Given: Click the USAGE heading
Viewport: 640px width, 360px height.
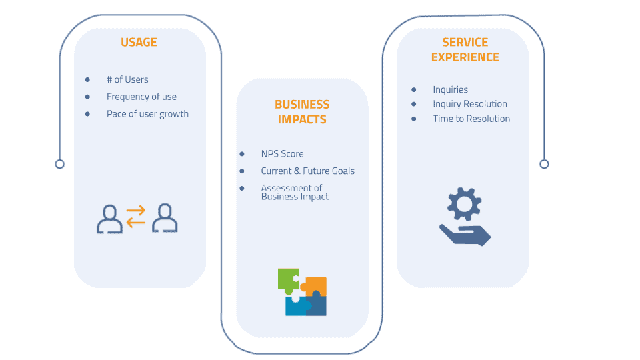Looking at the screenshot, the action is point(139,42).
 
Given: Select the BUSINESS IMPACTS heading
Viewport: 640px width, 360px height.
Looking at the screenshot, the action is point(302,112).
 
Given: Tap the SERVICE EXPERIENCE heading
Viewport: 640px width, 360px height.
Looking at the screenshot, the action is point(465,49).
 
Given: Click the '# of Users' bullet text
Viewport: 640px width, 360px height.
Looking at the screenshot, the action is point(127,79).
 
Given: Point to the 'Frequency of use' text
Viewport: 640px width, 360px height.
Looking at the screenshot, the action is point(141,97).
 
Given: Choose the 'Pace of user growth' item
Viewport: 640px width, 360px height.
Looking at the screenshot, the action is point(147,114).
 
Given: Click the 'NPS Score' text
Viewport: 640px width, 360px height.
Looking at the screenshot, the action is point(283,154).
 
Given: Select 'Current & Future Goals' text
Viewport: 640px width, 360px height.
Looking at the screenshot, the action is point(308,171).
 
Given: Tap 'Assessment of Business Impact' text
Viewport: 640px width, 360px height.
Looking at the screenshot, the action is point(295,192).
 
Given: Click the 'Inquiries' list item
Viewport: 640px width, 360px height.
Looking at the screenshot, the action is point(450,89).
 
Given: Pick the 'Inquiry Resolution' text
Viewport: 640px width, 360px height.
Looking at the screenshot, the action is point(470,104).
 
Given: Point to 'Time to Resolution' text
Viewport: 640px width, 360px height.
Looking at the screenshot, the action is point(471,119).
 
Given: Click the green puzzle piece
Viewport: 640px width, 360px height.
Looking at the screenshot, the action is point(288,281).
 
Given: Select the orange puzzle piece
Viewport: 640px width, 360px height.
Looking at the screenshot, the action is point(315,285).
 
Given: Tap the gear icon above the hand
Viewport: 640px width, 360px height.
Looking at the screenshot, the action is point(465,204).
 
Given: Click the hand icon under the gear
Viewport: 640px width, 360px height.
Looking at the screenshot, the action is point(465,235).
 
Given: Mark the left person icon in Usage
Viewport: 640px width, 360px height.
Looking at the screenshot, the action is point(109,219).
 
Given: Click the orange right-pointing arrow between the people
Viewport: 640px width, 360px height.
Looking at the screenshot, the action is point(135,211).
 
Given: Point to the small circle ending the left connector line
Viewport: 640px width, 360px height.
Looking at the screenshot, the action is point(59,164).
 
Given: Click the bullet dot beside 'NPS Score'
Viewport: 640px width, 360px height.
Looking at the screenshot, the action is point(242,154).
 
